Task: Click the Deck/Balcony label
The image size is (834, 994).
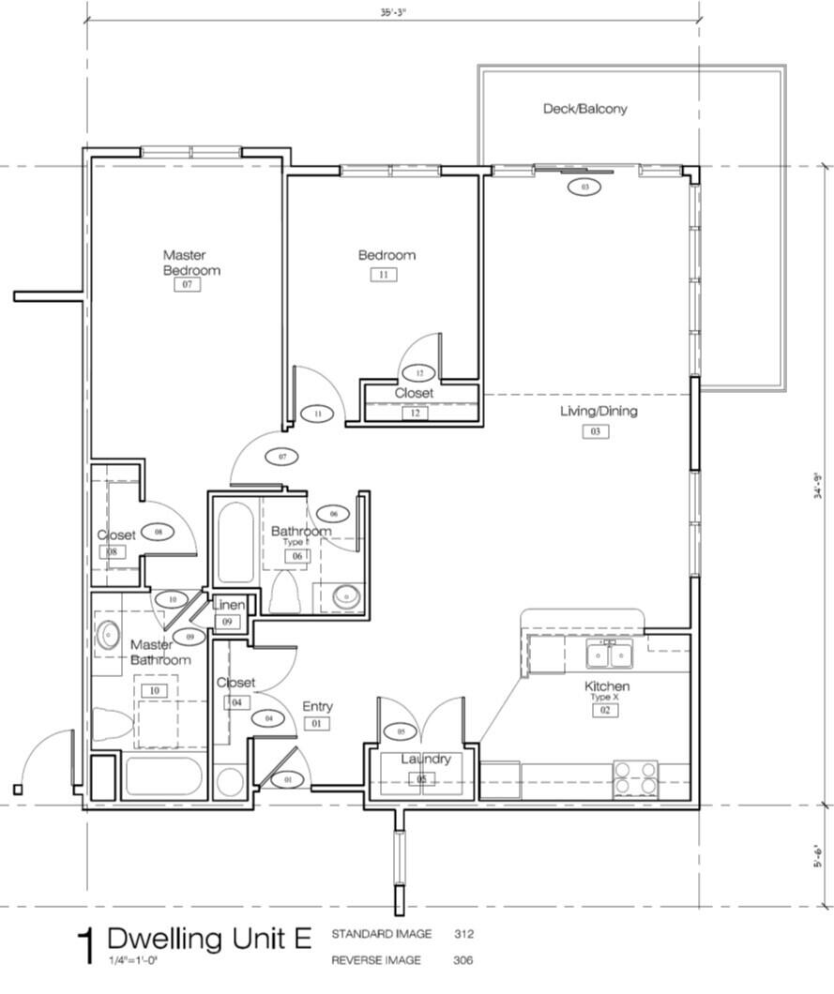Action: coord(584,109)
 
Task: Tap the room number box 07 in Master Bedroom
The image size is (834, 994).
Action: coord(188,284)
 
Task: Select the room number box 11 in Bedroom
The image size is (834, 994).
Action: coord(384,275)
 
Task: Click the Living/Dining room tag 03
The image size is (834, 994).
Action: coord(595,431)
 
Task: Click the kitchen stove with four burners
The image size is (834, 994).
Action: coord(636,778)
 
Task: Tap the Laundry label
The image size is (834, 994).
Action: coord(426,759)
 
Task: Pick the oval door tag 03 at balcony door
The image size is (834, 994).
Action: coord(584,188)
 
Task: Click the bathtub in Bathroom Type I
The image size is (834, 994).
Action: coord(235,543)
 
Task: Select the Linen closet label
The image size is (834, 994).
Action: coord(228,605)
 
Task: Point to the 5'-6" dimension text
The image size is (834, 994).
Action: coord(818,856)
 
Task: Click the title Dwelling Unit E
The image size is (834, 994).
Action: coord(209,938)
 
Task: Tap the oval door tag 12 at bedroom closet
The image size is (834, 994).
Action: coord(419,372)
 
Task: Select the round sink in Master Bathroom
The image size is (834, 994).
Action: coord(107,636)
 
